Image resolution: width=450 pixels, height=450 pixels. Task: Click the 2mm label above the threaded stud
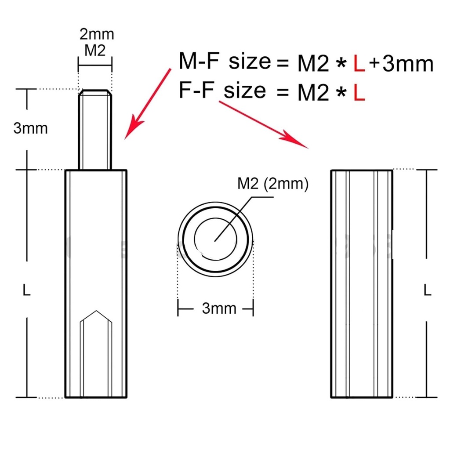coord(96,34)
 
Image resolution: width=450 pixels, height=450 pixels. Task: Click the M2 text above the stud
coord(95,51)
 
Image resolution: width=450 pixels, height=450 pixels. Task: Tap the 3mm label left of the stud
coord(30,128)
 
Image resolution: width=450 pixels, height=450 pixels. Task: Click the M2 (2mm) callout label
coord(273,184)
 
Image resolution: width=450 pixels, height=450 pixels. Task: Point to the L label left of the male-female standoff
coord(27,290)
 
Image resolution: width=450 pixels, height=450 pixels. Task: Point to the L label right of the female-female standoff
coord(427,290)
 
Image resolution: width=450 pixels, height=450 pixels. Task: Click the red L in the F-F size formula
coord(359,93)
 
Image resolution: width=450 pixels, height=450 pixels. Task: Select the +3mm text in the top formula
coord(401,64)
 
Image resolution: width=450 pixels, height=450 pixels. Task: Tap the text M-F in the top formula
coord(198,62)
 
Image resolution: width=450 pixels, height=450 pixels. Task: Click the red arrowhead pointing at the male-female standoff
coord(132,130)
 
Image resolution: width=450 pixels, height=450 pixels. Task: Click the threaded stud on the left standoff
coord(95,130)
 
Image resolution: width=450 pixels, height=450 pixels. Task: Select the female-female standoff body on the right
coord(362,283)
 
